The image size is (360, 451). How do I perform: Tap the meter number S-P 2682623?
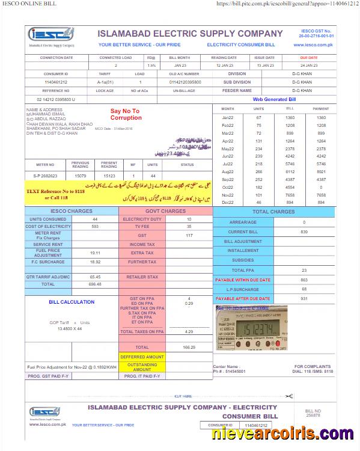46,176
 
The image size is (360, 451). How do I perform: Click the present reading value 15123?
109,176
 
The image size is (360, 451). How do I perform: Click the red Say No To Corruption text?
125,114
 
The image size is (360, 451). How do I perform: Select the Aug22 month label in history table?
228,171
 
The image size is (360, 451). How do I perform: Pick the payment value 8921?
321,171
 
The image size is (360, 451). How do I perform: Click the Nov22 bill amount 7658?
290,195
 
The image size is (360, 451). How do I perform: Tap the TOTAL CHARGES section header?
273,212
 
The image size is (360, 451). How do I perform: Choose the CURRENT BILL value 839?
304,232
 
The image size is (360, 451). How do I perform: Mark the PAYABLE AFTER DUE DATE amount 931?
304,299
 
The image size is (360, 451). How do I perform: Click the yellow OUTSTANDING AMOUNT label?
142,367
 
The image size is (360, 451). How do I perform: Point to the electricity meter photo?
250,330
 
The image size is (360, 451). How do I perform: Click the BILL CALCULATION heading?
72,302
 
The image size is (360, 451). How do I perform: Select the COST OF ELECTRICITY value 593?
95,227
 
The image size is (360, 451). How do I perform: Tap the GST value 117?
189,235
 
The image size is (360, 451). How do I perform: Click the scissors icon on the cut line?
289,396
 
